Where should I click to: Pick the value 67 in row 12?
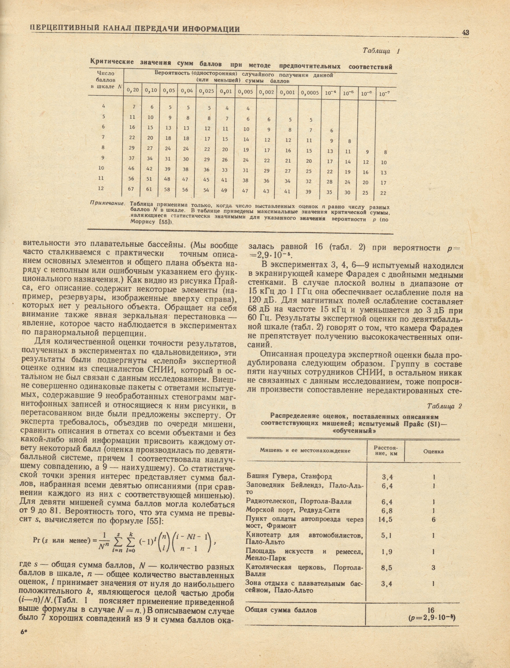[131, 189]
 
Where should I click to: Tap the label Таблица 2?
[444, 406]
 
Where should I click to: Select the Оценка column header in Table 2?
[433, 452]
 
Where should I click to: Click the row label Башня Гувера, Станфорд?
[289, 476]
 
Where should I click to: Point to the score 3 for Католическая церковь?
[433, 567]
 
